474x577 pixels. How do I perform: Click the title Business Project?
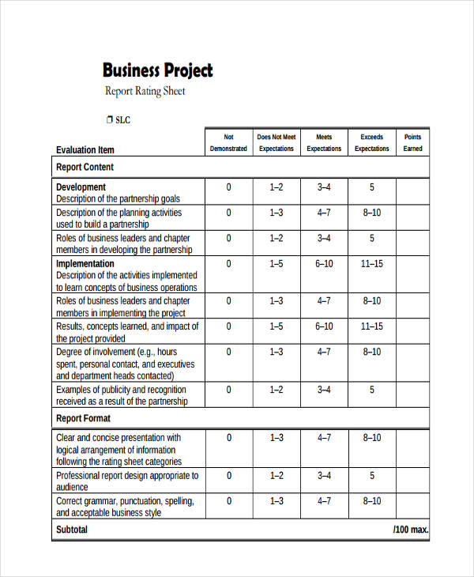click(158, 70)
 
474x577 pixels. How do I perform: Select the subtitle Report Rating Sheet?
click(145, 92)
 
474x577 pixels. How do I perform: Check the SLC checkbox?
click(108, 120)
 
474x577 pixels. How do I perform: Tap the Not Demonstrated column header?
click(228, 142)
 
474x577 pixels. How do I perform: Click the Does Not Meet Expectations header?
click(276, 142)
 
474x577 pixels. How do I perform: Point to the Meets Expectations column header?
click(324, 142)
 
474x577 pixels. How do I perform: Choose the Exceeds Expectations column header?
click(371, 142)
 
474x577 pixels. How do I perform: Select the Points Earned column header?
click(412, 142)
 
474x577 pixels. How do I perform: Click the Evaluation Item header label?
click(85, 149)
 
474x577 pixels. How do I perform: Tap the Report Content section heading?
click(85, 167)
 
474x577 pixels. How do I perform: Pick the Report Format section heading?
click(83, 418)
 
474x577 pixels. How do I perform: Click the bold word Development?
click(81, 187)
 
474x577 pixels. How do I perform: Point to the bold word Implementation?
click(85, 263)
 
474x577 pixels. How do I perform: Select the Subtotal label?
click(72, 530)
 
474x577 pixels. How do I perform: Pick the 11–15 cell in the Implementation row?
click(371, 264)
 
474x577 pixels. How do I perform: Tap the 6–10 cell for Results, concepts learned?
click(324, 326)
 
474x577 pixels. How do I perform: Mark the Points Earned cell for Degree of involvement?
click(412, 363)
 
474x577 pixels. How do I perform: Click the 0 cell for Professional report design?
click(229, 476)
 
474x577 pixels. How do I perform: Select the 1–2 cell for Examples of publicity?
click(276, 390)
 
